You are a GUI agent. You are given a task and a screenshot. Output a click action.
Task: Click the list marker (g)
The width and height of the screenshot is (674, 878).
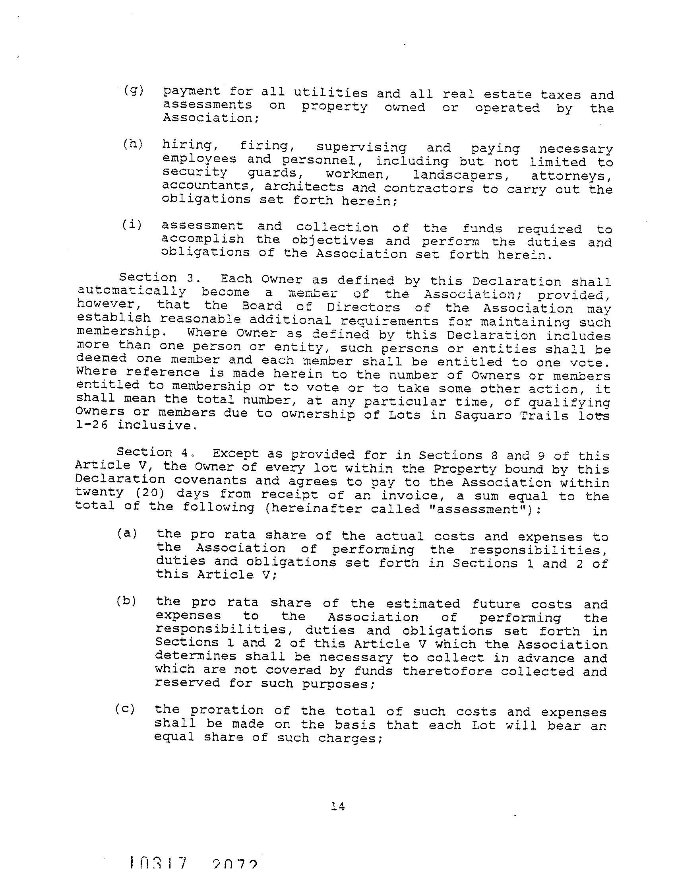tap(134, 91)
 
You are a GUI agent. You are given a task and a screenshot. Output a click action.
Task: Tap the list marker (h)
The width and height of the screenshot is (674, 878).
tap(133, 144)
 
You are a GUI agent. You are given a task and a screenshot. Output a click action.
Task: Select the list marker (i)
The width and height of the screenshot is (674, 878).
tap(132, 225)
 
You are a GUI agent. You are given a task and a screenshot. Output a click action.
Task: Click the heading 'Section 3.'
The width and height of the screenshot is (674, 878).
tap(148, 278)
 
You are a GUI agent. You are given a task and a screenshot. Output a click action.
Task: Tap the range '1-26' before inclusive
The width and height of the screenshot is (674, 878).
tap(91, 425)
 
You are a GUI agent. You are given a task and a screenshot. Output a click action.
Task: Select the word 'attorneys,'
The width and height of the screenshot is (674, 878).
tap(572, 176)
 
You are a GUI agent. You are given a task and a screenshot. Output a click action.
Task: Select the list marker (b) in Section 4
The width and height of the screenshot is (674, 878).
tap(126, 601)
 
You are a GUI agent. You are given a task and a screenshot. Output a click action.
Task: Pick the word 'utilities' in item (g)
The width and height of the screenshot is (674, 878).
tap(331, 93)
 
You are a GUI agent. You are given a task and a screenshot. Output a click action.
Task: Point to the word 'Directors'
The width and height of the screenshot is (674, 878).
tap(363, 307)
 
